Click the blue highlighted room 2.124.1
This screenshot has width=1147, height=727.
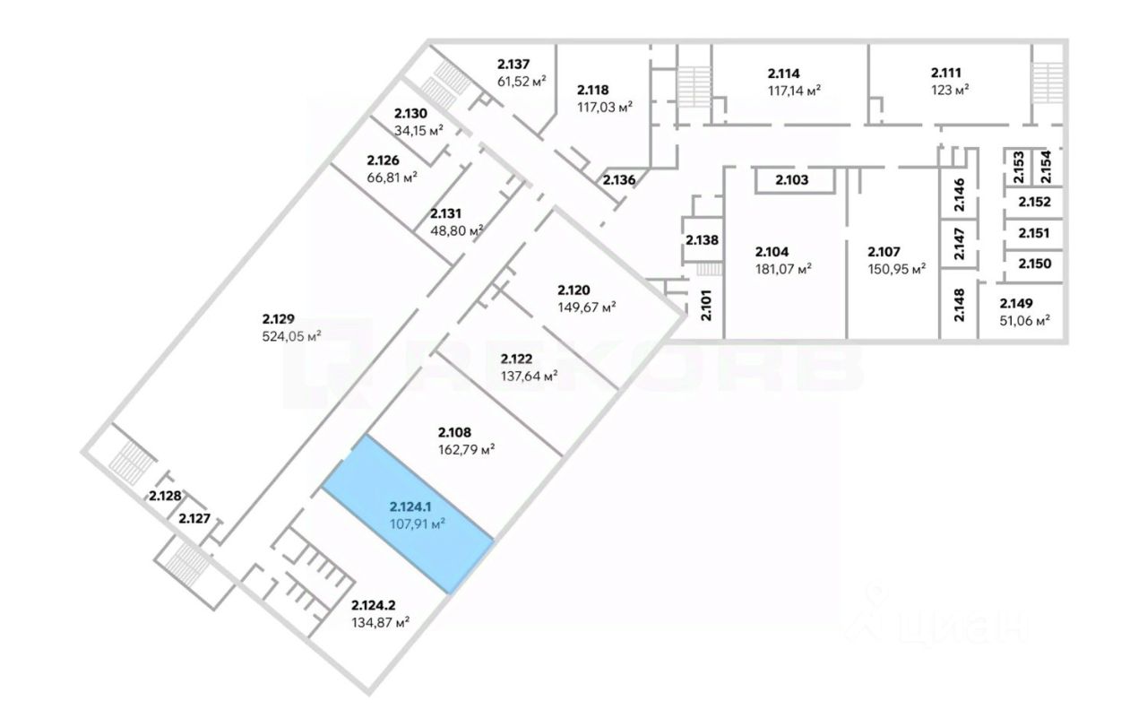[x=408, y=514]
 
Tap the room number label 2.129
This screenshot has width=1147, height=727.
[x=279, y=318]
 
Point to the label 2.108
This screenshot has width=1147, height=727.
[x=455, y=430]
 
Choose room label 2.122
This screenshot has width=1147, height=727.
[x=519, y=357]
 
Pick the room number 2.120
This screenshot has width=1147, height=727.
[x=573, y=289]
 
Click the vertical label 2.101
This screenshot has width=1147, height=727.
[x=705, y=306]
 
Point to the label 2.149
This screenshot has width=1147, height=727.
[x=1016, y=302]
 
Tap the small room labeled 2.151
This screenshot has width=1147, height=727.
[x=1033, y=233]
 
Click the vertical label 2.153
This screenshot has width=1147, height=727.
[x=1018, y=168]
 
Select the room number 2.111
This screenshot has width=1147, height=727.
[x=947, y=72]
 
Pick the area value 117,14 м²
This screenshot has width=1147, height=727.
[x=794, y=90]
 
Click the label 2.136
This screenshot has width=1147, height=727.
[x=618, y=180]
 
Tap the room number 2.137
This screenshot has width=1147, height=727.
[x=514, y=64]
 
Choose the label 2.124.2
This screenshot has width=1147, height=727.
[x=380, y=604]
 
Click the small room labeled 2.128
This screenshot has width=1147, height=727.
[x=165, y=496]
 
